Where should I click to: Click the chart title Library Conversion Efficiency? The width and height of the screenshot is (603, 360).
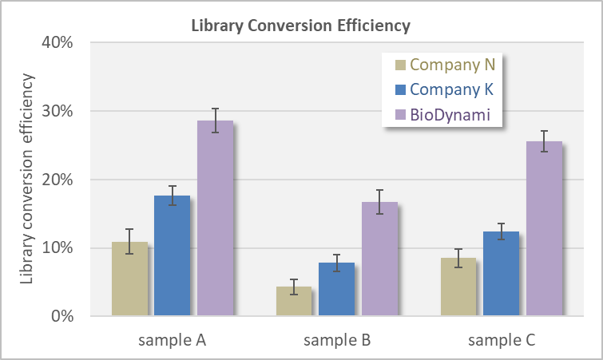[300, 26]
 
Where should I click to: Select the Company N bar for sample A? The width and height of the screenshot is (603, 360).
[129, 279]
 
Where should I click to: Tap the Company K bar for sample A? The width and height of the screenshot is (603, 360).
[172, 255]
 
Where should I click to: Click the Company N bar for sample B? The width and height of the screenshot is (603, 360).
[293, 301]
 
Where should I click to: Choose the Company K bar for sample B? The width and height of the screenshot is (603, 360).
[336, 289]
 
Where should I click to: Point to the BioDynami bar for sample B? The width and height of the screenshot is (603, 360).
[379, 259]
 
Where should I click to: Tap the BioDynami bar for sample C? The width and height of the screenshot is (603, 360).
[543, 228]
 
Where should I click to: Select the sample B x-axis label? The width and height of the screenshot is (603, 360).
[336, 341]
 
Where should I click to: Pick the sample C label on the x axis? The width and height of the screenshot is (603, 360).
[501, 341]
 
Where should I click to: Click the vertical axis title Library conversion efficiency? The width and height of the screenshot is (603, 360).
[27, 179]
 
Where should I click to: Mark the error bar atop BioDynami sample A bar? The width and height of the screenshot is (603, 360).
[215, 121]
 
